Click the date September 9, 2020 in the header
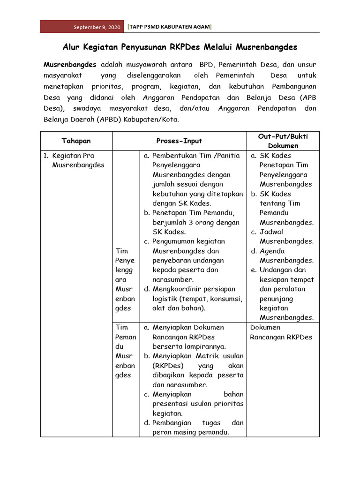[x=97, y=27]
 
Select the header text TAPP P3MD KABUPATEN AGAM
[x=170, y=27]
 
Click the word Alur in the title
[x=72, y=47]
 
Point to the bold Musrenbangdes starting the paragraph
[x=70, y=64]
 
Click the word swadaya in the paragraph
[x=88, y=108]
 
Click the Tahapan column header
[x=76, y=141]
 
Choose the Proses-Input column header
[x=179, y=141]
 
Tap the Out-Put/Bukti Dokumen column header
[x=283, y=141]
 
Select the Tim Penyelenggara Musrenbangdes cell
[x=125, y=279]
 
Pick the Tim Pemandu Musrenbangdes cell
[x=125, y=351]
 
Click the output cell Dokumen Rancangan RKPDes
[x=281, y=332]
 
